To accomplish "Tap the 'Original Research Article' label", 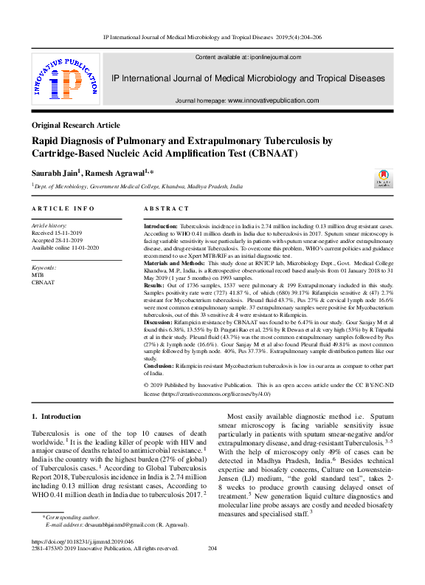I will click(76, 126).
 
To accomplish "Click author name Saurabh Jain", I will click(55, 172).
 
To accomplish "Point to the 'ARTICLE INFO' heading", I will click(63, 209).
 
